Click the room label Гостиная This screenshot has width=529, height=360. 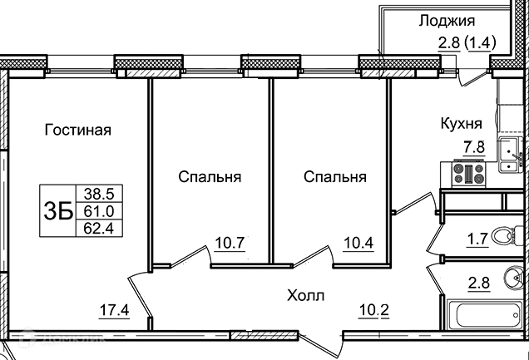point(78,130)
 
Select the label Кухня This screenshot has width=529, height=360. point(461,124)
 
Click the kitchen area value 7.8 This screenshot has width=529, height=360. point(473,147)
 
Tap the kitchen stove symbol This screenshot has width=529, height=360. point(468,174)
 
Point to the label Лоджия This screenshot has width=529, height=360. point(446,22)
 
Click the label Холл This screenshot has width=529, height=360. point(305,295)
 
